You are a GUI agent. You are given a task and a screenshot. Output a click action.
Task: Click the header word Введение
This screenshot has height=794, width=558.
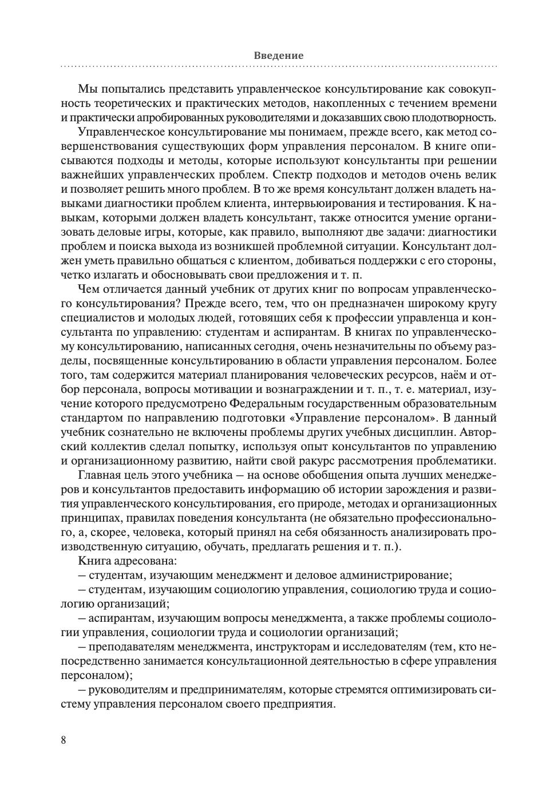pyautogui.click(x=278, y=55)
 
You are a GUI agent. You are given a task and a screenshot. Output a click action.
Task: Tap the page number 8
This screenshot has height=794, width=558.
pyautogui.click(x=64, y=740)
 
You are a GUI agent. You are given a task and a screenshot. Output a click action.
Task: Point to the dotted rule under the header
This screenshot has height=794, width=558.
pyautogui.click(x=278, y=67)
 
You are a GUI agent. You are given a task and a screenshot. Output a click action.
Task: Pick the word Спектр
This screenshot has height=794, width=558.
pyautogui.click(x=295, y=175)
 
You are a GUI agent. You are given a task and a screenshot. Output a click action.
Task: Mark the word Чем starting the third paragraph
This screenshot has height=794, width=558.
pyautogui.click(x=88, y=289)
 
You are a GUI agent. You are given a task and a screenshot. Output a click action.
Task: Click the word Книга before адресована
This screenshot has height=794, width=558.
pyautogui.click(x=93, y=561)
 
